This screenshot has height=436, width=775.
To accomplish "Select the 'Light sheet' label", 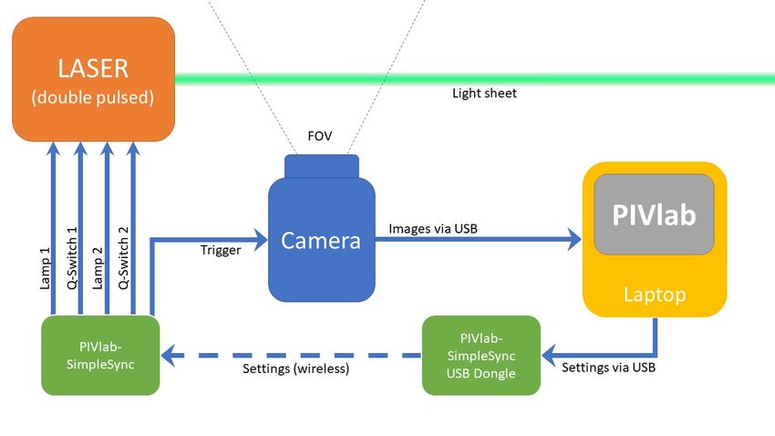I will pyautogui.click(x=484, y=93).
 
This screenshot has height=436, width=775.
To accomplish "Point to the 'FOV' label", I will pyautogui.click(x=320, y=137).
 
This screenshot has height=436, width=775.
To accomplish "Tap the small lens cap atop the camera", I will pyautogui.click(x=321, y=166).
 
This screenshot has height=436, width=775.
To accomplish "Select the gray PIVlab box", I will pyautogui.click(x=654, y=214).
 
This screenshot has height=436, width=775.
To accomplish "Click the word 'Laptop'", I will pyautogui.click(x=654, y=295).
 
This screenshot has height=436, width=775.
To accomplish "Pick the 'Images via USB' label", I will pyautogui.click(x=433, y=228).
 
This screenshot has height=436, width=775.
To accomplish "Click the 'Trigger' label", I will pyautogui.click(x=221, y=250).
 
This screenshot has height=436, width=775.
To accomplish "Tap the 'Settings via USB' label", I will pyautogui.click(x=606, y=369).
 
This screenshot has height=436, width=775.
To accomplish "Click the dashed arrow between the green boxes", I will pyautogui.click(x=292, y=354).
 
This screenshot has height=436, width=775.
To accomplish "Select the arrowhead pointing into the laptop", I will pyautogui.click(x=573, y=240).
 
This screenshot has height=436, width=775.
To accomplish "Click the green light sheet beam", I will pyautogui.click(x=547, y=78).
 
